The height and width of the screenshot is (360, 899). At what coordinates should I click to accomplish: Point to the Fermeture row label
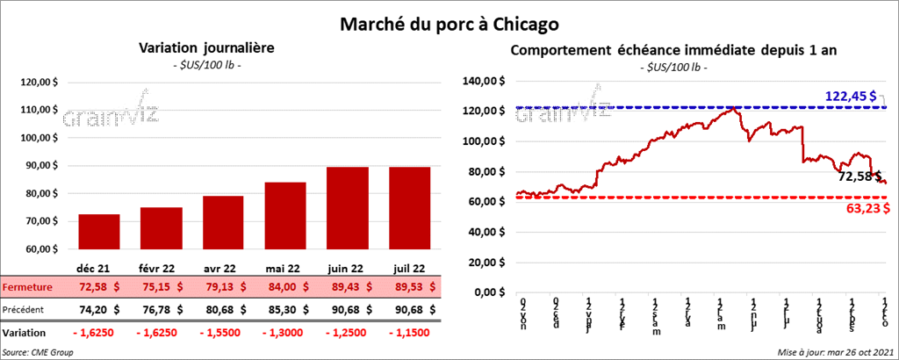(27, 287)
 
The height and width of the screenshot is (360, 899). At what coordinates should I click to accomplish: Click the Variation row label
(25, 333)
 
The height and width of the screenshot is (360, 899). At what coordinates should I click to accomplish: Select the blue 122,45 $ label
(851, 95)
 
